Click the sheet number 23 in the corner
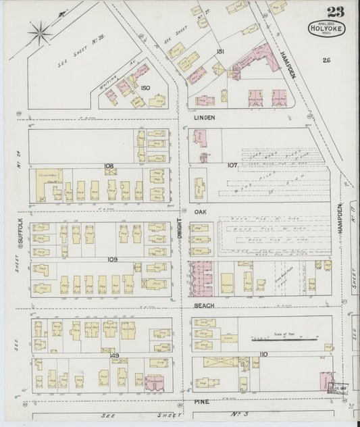click(332, 12)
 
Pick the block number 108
click(109, 165)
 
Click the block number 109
click(111, 259)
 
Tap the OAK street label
click(199, 211)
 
